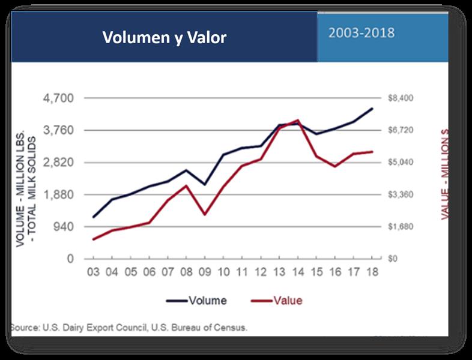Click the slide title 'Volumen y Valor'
click(164, 38)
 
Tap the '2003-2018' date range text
click(362, 32)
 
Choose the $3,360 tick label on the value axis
click(402, 194)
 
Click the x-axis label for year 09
click(205, 272)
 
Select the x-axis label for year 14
click(297, 272)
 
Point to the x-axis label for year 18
click(372, 272)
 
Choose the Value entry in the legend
click(287, 300)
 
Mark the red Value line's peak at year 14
click(297, 120)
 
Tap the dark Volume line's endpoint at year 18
click(372, 109)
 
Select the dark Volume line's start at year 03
click(94, 217)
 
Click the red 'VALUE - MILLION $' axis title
click(446, 174)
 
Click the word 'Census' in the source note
click(231, 328)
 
